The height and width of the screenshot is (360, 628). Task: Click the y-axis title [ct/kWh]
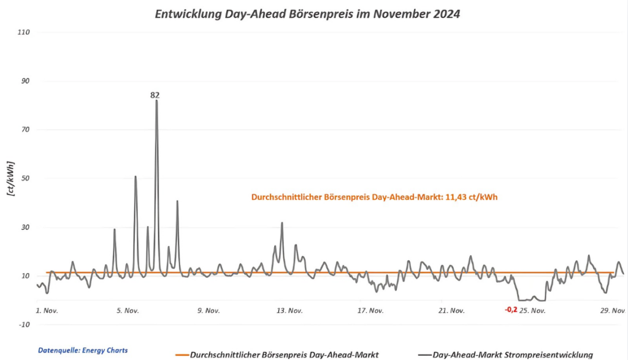click(x=10, y=178)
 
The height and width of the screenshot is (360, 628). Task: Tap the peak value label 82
click(x=155, y=95)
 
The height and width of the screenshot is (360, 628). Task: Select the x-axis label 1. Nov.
click(x=47, y=310)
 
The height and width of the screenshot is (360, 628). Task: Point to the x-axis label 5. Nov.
click(x=128, y=310)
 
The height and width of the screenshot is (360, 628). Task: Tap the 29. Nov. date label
click(x=612, y=310)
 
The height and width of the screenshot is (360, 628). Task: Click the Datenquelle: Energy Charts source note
click(x=83, y=350)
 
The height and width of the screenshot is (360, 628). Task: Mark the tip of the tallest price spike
click(x=156, y=101)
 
